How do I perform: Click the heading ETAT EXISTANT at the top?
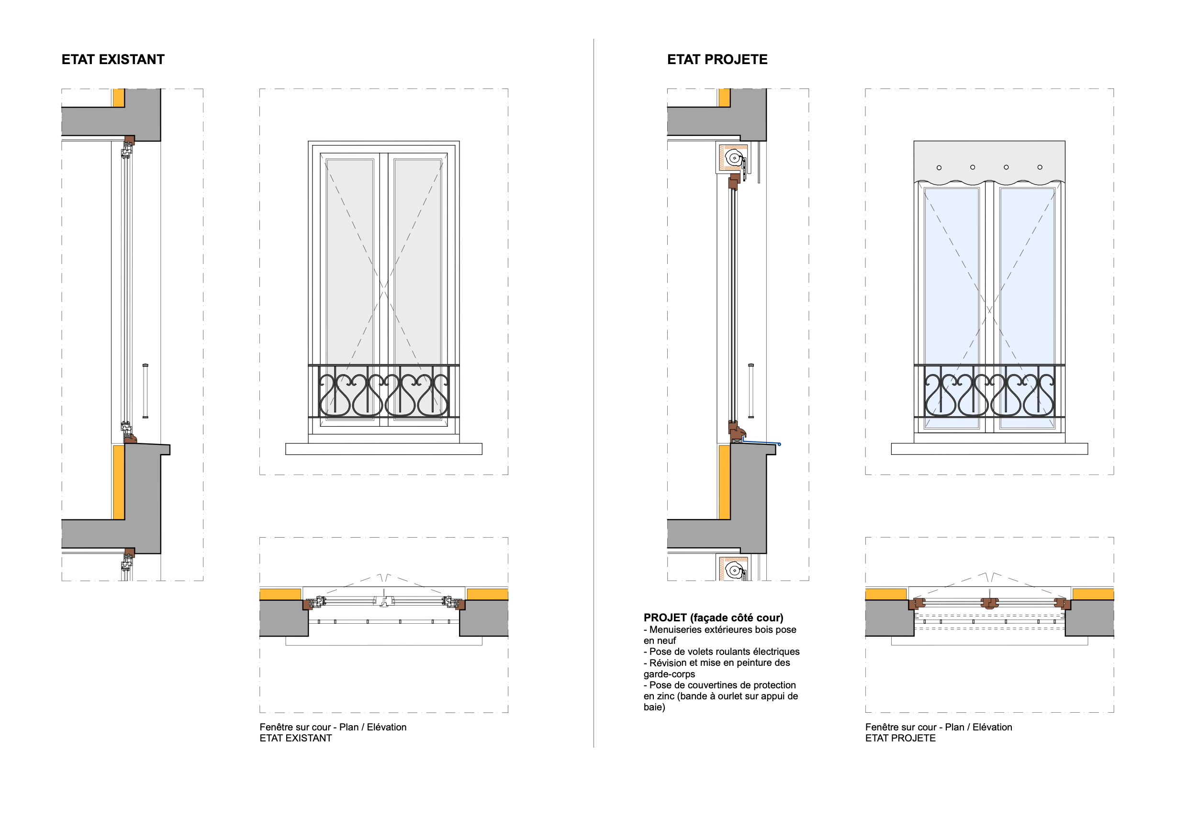[112, 59]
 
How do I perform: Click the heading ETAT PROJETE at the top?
[717, 59]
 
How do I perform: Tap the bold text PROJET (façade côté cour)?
[713, 618]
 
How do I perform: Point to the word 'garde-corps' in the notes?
[669, 673]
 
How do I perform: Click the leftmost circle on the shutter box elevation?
[939, 167]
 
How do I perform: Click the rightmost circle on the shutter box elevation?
[1040, 167]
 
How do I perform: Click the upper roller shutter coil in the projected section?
[734, 158]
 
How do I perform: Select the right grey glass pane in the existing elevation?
[417, 258]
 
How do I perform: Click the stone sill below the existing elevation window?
[383, 449]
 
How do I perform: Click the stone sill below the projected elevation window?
[989, 449]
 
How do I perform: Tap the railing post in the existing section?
[146, 391]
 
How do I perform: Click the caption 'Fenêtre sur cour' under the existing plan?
[295, 727]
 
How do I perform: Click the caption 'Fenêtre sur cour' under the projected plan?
[901, 727]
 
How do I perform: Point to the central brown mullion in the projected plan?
[989, 602]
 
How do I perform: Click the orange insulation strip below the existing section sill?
[118, 482]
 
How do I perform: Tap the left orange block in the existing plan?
[280, 594]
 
